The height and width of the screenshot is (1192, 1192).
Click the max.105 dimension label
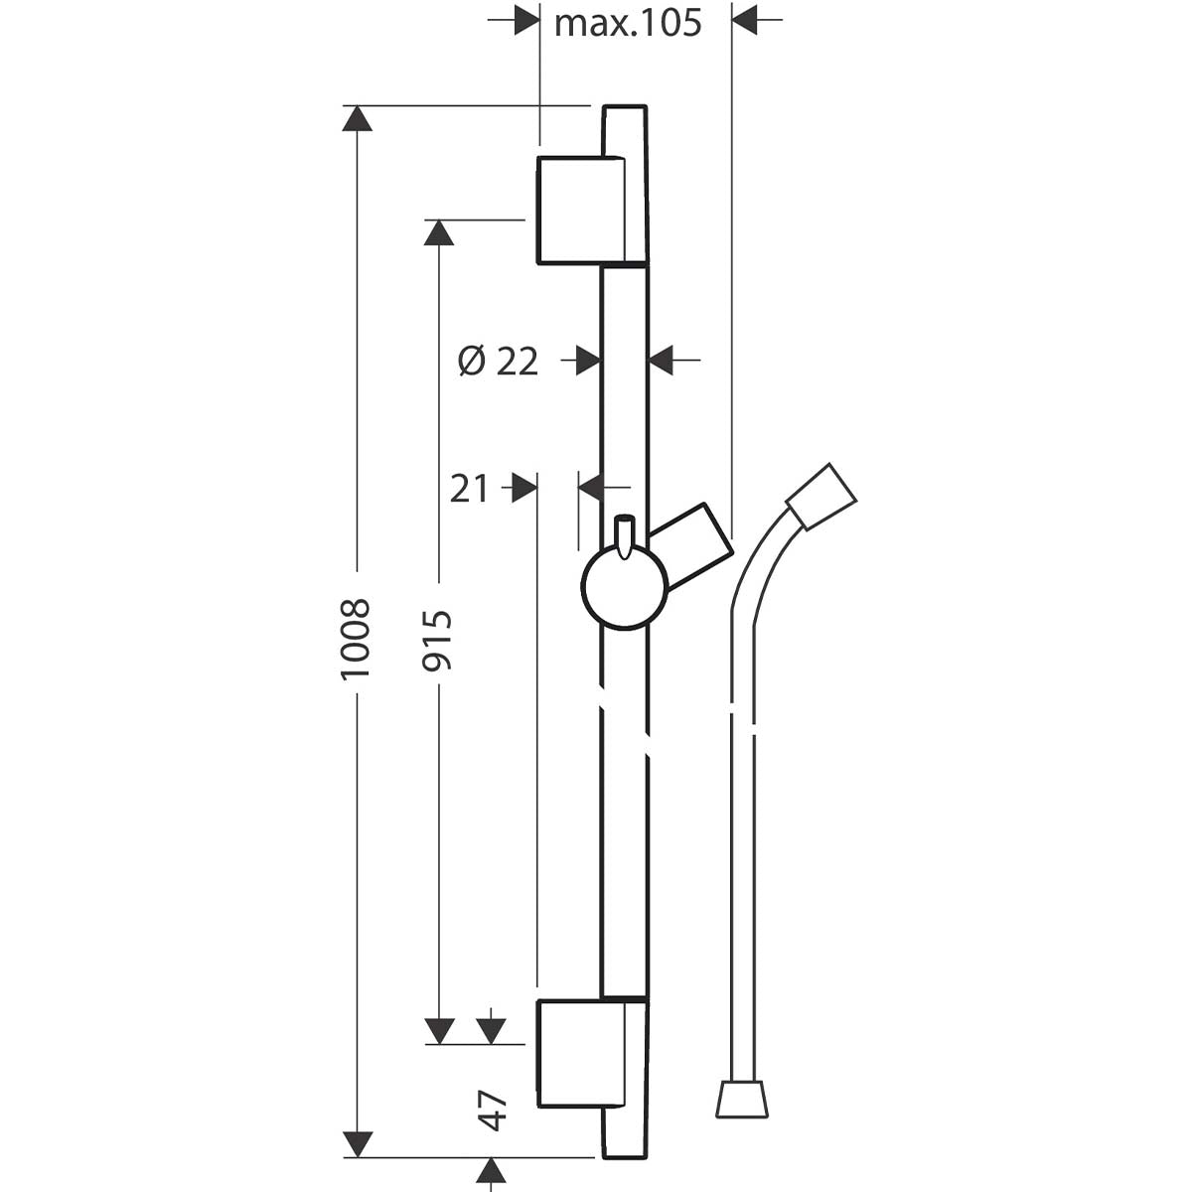tap(628, 23)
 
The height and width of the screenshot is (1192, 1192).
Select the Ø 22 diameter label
tap(498, 362)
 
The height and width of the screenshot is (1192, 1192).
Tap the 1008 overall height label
tap(356, 639)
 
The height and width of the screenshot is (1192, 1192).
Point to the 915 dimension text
tap(438, 640)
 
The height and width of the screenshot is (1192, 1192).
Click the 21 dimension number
tap(469, 489)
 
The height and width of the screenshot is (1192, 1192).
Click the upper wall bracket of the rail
tap(580, 211)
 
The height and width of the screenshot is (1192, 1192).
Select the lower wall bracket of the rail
tap(580, 1054)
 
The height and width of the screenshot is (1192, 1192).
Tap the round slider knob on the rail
tap(624, 587)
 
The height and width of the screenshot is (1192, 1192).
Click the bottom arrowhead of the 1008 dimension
tap(357, 1144)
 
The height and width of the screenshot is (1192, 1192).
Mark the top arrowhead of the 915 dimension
tap(439, 231)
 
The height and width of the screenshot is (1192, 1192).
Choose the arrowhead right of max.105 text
tap(745, 20)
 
